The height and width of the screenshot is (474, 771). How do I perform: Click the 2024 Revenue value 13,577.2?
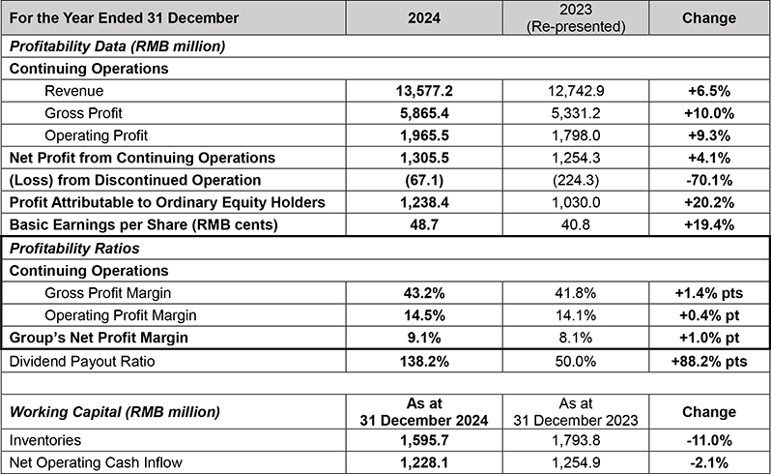(424, 91)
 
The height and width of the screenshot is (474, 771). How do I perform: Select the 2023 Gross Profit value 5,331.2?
(575, 113)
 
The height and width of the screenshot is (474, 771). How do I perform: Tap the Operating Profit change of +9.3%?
(708, 135)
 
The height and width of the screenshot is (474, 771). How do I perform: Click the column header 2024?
(424, 18)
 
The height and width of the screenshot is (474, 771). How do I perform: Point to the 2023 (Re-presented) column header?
(575, 18)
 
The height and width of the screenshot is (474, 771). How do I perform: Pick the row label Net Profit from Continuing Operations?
(142, 158)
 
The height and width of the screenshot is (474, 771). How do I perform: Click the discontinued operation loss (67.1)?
(424, 180)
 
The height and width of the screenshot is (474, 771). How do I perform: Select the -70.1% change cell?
(708, 180)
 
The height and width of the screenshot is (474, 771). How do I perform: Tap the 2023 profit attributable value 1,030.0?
(575, 202)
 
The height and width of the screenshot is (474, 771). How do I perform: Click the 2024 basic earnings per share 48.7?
(424, 225)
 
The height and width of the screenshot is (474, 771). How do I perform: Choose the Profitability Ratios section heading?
(74, 249)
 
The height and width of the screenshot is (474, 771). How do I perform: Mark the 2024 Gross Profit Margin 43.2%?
(424, 293)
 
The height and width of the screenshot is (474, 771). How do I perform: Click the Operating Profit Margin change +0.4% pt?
(708, 315)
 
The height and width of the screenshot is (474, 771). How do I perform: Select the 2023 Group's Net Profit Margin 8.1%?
(575, 338)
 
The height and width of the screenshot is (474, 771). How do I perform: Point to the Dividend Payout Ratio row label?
(82, 362)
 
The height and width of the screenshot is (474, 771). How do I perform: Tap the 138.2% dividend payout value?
(424, 362)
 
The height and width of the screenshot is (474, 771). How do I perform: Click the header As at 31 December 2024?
(424, 412)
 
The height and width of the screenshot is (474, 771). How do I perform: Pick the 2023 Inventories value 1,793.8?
(575, 440)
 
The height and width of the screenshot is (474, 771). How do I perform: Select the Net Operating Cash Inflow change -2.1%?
(708, 462)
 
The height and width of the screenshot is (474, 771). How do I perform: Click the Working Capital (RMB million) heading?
(115, 412)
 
